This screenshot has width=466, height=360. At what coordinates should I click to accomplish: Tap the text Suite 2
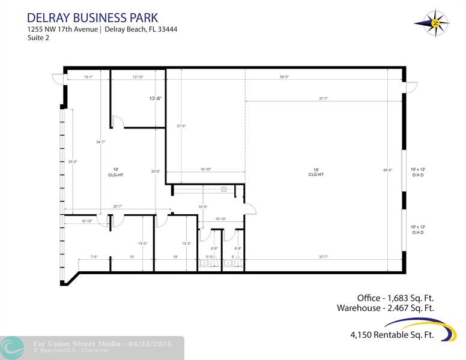click(x=38, y=38)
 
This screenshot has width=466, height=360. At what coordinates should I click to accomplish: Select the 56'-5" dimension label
click(x=284, y=77)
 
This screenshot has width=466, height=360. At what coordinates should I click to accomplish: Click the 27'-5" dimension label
click(x=181, y=126)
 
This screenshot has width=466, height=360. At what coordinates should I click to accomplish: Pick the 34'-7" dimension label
click(x=100, y=142)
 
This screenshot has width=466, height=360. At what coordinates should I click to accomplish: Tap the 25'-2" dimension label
click(x=72, y=161)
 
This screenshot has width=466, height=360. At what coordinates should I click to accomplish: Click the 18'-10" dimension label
click(x=205, y=169)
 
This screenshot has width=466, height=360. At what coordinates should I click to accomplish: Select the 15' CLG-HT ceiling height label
click(x=316, y=172)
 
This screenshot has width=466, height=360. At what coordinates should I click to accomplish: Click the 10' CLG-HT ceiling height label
click(x=115, y=172)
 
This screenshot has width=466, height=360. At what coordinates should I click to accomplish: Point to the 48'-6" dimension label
click(x=387, y=170)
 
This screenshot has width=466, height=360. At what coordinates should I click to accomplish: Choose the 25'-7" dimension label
click(x=118, y=206)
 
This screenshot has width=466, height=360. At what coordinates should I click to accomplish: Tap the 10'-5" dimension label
click(x=203, y=207)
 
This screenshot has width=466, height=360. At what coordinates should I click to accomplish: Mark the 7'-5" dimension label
click(x=94, y=257)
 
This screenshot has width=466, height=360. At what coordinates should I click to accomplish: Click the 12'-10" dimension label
click(x=138, y=77)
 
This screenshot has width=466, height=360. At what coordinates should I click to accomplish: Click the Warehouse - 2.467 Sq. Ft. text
click(x=385, y=308)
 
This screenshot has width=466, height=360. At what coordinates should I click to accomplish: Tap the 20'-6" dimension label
click(x=156, y=172)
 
